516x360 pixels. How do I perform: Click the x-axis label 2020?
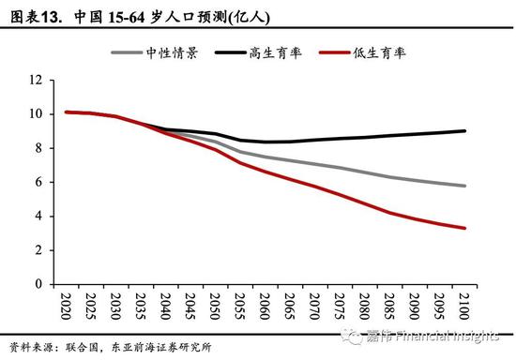point(65,305)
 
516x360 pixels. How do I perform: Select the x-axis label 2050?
point(215,305)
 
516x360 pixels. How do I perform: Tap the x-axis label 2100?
point(464,305)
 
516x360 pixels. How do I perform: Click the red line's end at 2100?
point(464,228)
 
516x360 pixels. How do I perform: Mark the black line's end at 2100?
point(464,130)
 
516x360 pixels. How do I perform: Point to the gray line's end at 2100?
point(464,186)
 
